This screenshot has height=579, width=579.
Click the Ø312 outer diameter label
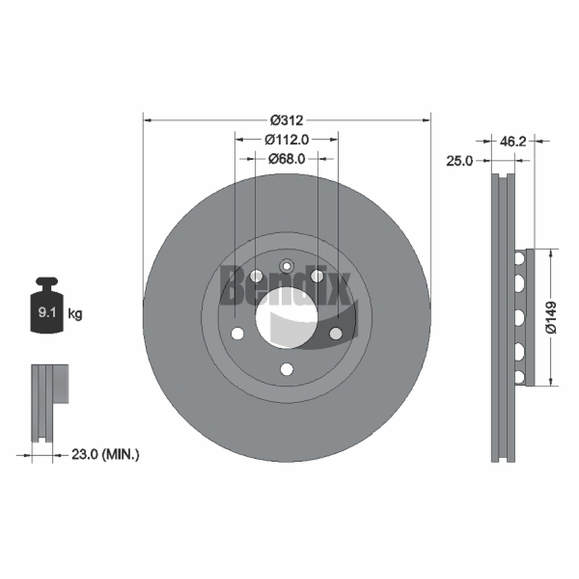287,120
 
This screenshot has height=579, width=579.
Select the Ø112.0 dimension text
287,140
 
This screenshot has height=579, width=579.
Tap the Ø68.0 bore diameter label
287,159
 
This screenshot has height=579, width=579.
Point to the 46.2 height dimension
512,141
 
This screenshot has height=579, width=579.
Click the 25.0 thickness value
460,161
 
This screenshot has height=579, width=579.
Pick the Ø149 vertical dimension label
551,318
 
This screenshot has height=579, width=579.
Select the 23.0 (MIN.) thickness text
105,455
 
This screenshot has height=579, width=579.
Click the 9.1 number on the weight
47,313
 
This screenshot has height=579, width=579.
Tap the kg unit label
75,314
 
